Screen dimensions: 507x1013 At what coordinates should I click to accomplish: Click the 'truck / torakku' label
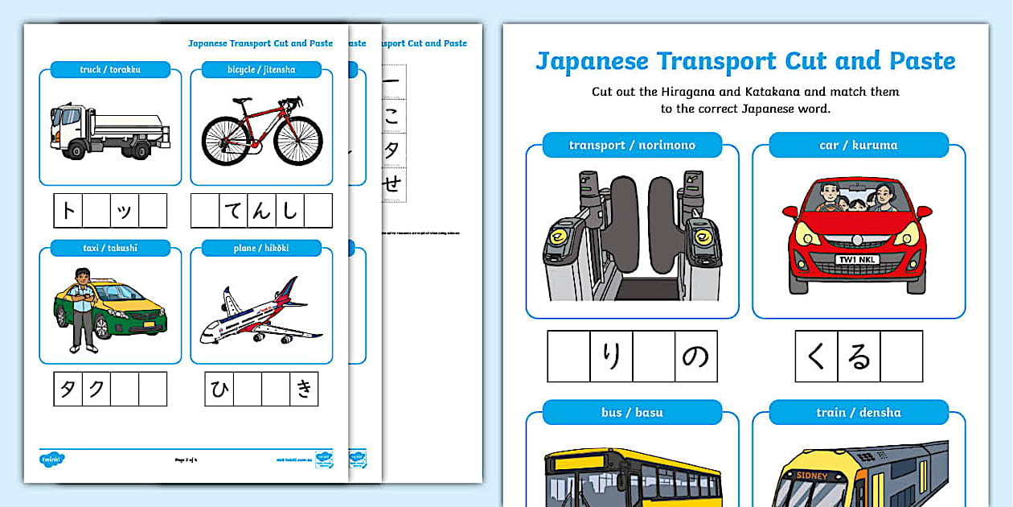[110, 70]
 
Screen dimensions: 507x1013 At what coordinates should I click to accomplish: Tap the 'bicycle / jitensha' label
[261, 70]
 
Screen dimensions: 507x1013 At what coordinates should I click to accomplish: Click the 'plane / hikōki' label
[261, 248]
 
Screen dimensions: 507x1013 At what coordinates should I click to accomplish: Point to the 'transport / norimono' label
[632, 145]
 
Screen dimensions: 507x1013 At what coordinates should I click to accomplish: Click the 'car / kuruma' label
[858, 145]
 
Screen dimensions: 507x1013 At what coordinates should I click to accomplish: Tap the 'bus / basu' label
[632, 412]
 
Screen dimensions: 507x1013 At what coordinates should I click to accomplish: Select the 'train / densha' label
[858, 412]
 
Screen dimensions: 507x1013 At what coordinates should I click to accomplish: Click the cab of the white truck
[67, 127]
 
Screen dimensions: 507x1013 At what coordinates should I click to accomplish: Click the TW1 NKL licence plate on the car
[857, 260]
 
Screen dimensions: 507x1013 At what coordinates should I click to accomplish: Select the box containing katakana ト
[68, 211]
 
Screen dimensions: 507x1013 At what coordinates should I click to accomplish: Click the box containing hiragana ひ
[219, 389]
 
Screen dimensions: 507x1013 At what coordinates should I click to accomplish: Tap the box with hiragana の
[695, 356]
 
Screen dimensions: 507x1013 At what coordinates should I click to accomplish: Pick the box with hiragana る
[859, 356]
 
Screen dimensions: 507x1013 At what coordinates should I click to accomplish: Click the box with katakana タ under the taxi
[68, 389]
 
